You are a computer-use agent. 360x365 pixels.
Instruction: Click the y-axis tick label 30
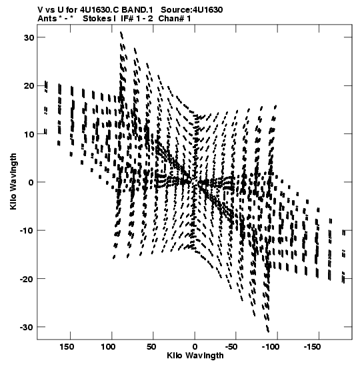tap(29, 37)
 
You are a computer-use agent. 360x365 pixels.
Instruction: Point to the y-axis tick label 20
tap(29, 86)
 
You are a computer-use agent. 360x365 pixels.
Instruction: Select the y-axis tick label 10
tap(29, 134)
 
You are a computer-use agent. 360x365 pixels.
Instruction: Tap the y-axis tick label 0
tap(31, 182)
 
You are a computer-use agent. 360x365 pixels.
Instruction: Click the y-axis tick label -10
tap(27, 231)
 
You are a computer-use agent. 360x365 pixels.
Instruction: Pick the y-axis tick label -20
tap(27, 279)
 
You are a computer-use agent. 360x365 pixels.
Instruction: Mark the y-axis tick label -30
tap(27, 327)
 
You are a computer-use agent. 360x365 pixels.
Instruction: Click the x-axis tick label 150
tap(67, 347)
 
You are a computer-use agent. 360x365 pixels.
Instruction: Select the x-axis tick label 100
tap(109, 347)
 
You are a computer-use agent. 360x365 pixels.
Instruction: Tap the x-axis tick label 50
tap(151, 347)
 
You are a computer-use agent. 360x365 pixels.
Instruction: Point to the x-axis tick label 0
tap(195, 347)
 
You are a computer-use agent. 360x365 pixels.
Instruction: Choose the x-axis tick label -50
tap(231, 347)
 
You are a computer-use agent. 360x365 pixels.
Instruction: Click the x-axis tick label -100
tap(271, 347)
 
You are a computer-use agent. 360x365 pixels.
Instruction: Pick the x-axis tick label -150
tap(312, 347)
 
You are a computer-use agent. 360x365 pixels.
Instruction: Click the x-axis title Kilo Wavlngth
tap(195, 356)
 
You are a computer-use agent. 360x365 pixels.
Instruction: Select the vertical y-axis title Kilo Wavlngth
tap(13, 181)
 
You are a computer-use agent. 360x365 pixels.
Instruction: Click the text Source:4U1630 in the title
tap(191, 10)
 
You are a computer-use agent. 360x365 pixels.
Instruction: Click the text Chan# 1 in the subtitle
tap(175, 19)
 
